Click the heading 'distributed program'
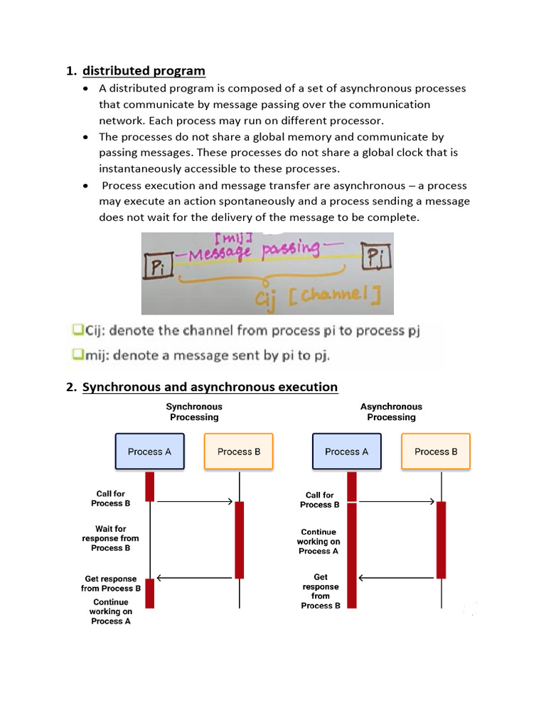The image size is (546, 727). [144, 71]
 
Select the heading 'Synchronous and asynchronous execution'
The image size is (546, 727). [210, 387]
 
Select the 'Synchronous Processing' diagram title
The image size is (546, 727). [194, 412]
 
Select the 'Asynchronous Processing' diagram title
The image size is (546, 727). [391, 412]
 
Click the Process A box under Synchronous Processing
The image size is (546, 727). [149, 452]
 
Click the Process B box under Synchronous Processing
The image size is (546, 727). [239, 452]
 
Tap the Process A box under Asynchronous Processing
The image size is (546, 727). [346, 452]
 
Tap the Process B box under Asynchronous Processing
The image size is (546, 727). [436, 452]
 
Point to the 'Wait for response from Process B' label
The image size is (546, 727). [110, 538]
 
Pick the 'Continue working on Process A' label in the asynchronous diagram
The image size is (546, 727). [318, 541]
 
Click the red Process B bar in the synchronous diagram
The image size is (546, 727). [239, 540]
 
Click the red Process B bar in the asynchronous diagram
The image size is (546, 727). [441, 540]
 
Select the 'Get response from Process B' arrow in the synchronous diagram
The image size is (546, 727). [194, 578]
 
